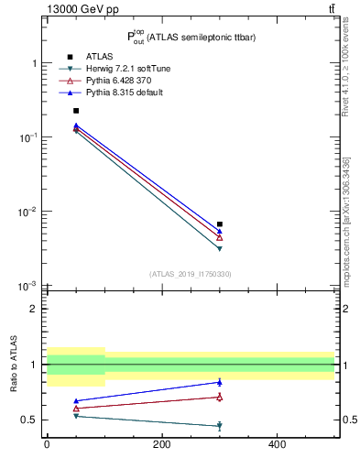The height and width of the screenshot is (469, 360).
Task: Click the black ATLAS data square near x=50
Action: (76, 111)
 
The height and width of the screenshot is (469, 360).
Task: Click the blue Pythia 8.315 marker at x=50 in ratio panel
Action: (76, 401)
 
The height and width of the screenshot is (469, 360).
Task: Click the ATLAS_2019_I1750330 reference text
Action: (190, 274)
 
